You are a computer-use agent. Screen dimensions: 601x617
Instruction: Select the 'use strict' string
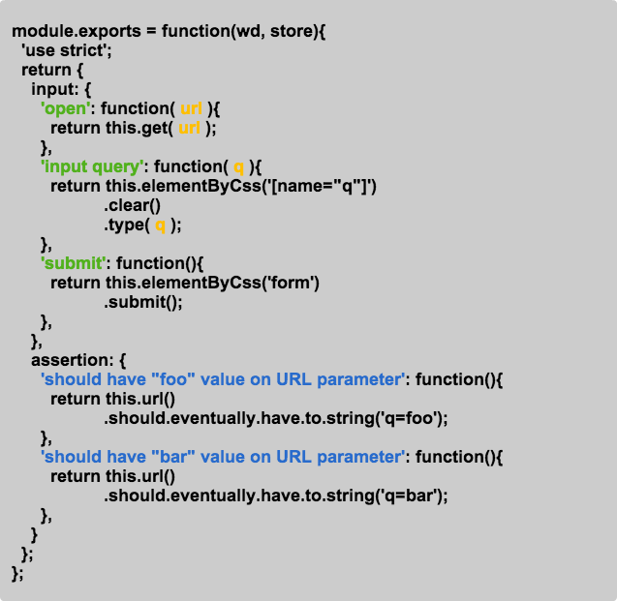tap(67, 51)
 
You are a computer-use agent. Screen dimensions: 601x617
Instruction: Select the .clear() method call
tap(132, 205)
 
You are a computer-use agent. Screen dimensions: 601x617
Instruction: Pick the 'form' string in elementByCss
tap(295, 283)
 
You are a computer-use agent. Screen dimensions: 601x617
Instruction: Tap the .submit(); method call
tap(143, 301)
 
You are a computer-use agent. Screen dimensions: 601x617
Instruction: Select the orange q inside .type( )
tap(161, 225)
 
